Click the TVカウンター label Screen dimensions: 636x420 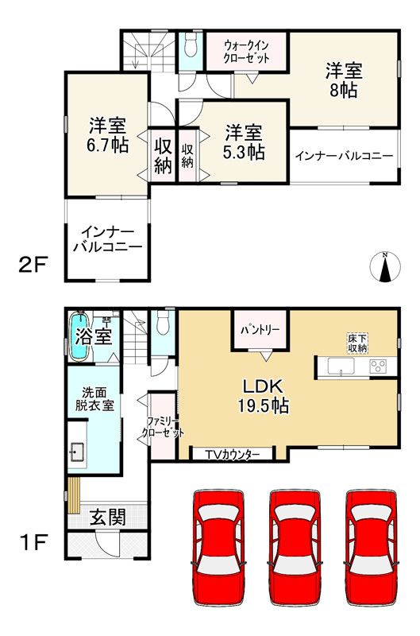tap(233, 454)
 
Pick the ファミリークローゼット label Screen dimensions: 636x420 tap(162, 427)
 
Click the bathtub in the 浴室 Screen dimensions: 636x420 tap(79, 328)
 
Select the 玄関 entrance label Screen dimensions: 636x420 tap(106, 518)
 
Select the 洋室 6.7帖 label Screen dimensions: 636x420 tap(106, 135)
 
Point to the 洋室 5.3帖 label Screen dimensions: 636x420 tap(243, 142)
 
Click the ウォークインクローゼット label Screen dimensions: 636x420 tap(246, 52)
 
